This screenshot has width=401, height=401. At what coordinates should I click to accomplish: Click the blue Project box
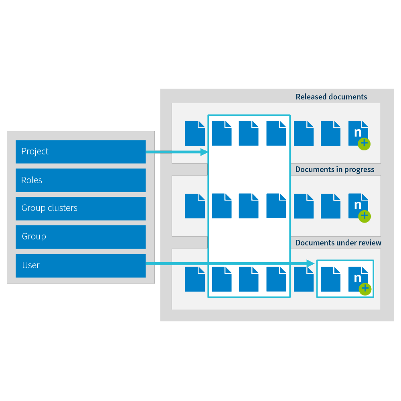click(x=80, y=152)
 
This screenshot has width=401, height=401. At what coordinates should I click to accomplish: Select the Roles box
click(x=80, y=180)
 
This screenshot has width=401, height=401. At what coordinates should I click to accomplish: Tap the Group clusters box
click(x=80, y=208)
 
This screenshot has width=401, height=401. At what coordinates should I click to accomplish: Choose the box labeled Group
click(x=80, y=237)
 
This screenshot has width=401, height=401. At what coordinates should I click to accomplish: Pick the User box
click(x=80, y=265)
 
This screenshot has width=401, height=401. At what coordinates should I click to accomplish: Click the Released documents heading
click(x=331, y=97)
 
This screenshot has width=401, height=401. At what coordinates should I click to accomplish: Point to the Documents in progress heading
click(x=335, y=170)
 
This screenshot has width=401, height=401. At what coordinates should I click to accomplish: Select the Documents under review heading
click(x=338, y=243)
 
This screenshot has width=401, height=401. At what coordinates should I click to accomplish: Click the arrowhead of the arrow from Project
click(x=204, y=152)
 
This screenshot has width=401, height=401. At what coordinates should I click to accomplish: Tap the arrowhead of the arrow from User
click(x=310, y=264)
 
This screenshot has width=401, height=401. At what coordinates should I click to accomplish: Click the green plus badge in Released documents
click(x=364, y=143)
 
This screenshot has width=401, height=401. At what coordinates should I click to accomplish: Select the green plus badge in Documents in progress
click(x=364, y=216)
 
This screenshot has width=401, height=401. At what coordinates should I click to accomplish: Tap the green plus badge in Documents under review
click(x=364, y=289)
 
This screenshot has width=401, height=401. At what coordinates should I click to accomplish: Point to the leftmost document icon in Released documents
click(x=195, y=133)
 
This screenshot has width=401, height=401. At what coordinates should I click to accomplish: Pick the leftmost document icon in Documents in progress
click(x=195, y=206)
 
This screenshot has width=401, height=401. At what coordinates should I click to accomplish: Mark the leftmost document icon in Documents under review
click(x=195, y=279)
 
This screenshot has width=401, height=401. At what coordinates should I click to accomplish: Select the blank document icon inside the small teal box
click(x=331, y=279)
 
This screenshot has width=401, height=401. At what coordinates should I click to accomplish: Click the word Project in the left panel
click(x=35, y=152)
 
